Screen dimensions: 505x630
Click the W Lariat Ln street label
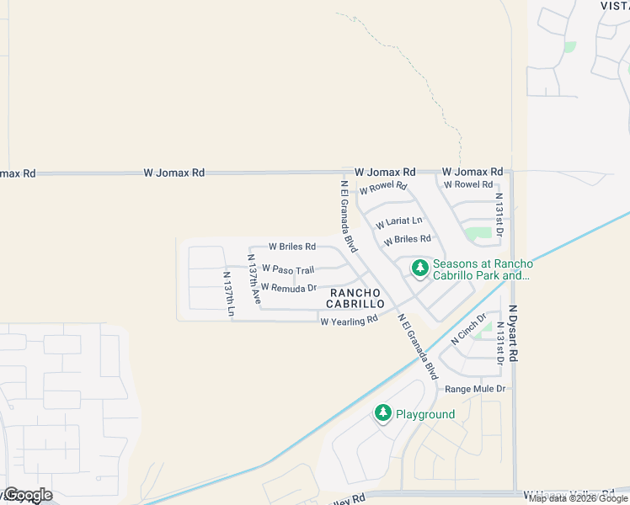pos(398,223)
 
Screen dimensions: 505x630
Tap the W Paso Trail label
pos(287,269)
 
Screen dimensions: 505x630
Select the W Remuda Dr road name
pos(288,288)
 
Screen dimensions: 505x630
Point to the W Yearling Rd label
pos(349,321)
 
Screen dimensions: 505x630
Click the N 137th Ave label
pos(254,279)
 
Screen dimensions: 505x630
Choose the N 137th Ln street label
pos(228,295)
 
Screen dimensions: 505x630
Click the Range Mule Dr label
pos(475,389)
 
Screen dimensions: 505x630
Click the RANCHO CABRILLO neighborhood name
pos(357,298)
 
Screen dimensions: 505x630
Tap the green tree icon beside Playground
pos(383,413)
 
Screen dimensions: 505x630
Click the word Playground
pos(426,414)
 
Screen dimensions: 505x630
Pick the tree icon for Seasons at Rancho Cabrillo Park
pos(419,268)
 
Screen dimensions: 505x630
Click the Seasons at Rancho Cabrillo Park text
pos(483,269)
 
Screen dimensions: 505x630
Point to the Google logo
pos(27,495)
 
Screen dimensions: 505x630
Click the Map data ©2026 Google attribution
pos(579,498)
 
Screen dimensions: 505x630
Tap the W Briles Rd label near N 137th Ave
pos(291,247)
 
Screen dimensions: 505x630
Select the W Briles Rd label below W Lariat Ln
pos(407,240)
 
